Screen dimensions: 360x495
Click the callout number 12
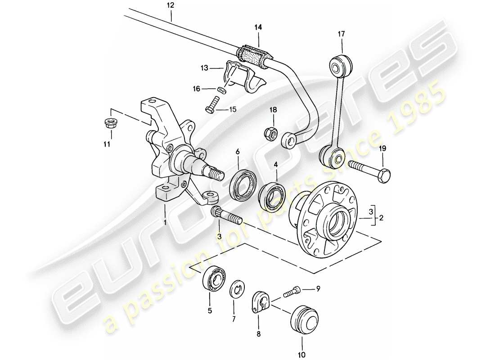coord(170,6)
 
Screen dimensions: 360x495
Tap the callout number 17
coord(342,33)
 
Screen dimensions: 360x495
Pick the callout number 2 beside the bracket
coord(381,218)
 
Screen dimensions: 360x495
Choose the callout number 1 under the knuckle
coord(165,222)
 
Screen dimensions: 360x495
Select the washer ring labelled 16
coord(221,90)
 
